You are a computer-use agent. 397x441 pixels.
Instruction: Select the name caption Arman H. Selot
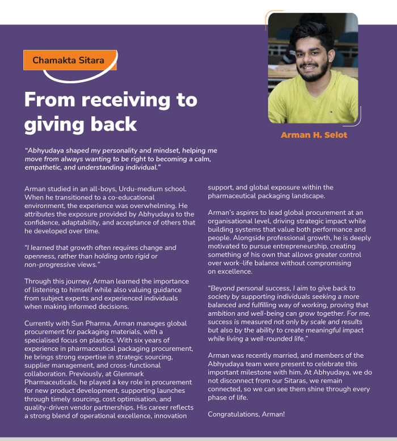click(314, 135)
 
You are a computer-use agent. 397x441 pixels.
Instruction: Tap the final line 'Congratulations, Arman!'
click(246, 414)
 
